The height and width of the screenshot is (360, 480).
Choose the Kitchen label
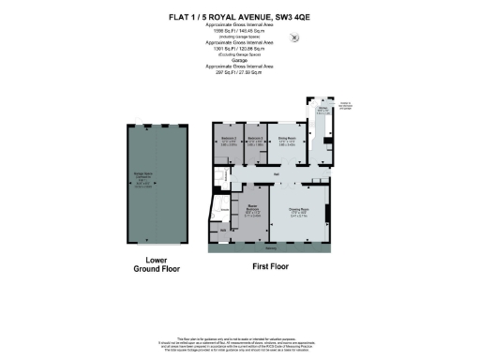click(x=322, y=111)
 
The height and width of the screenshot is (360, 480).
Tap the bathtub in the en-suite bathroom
click(x=220, y=207)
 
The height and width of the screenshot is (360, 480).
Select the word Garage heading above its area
click(x=239, y=57)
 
